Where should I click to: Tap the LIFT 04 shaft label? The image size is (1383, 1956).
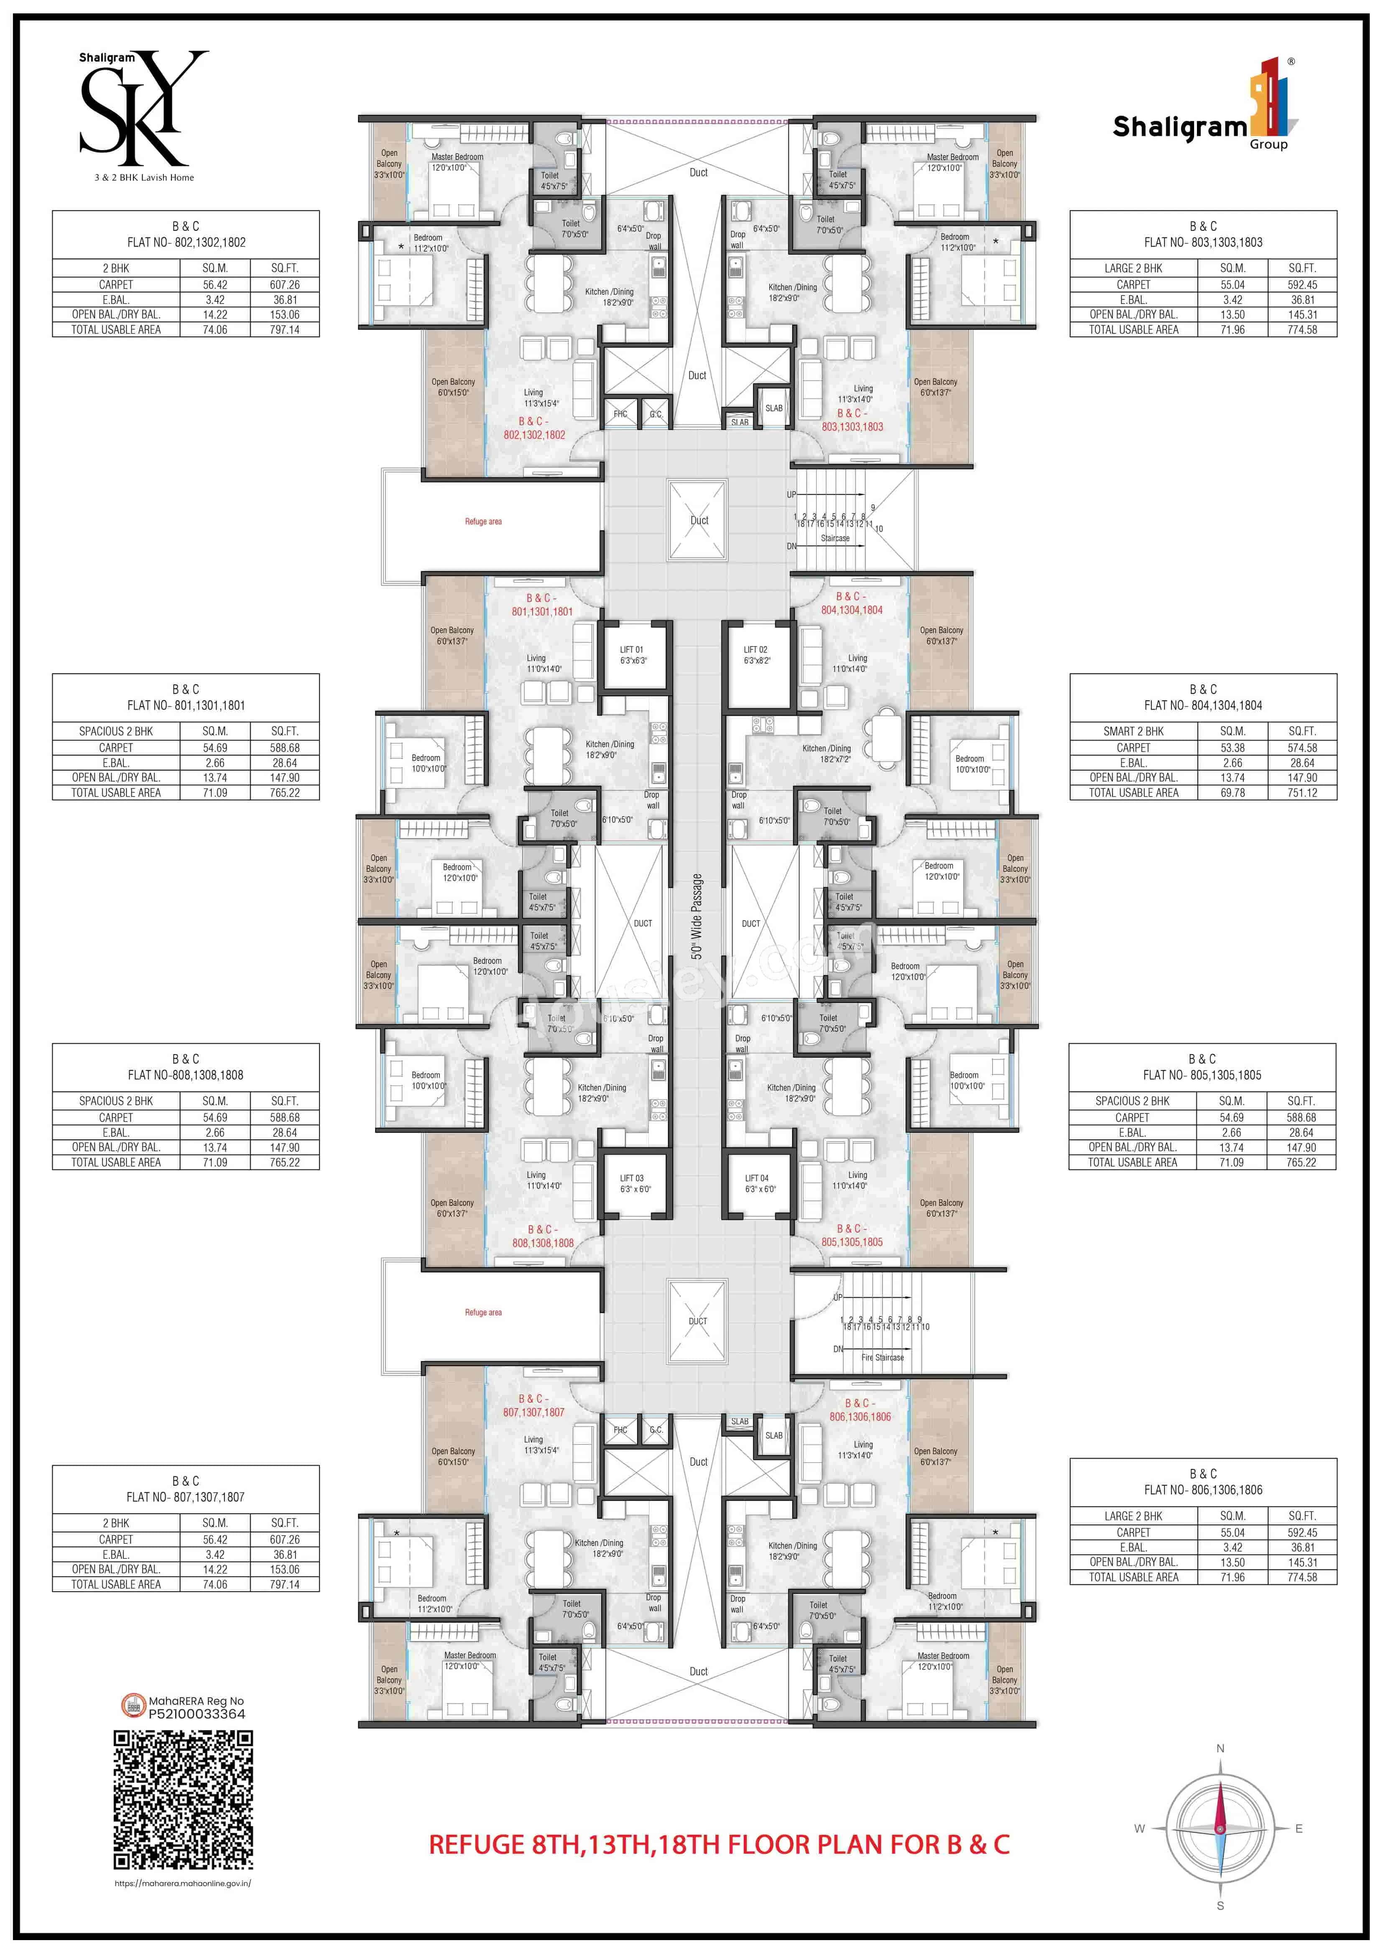(756, 1178)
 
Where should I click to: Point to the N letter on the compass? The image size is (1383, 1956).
(1220, 1748)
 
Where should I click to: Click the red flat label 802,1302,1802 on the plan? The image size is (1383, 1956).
(534, 434)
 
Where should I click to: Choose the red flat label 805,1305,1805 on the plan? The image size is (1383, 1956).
(852, 1242)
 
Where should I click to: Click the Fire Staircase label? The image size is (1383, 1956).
(882, 1357)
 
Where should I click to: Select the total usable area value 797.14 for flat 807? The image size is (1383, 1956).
(284, 1585)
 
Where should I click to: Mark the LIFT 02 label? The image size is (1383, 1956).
(755, 649)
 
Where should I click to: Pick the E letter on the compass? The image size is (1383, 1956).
(1299, 1828)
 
